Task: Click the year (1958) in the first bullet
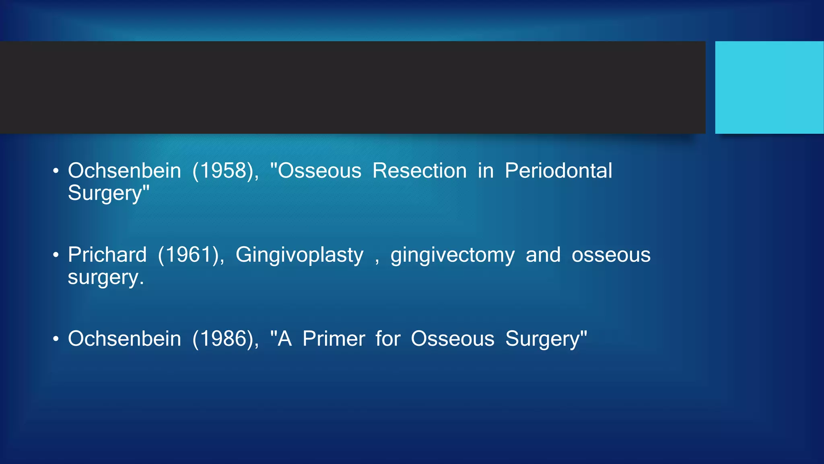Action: (x=225, y=171)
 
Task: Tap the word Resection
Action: (x=419, y=171)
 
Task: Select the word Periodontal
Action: (x=558, y=171)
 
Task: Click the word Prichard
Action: (x=107, y=255)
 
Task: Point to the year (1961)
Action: (x=191, y=255)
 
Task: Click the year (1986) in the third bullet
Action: (x=225, y=339)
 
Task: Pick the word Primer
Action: (x=334, y=339)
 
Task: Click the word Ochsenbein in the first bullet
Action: (x=124, y=171)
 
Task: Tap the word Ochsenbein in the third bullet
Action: (x=124, y=339)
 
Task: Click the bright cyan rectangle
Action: (x=769, y=87)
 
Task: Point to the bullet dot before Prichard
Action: (x=56, y=255)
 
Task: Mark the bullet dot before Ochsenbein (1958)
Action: (x=56, y=171)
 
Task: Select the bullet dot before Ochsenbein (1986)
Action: (x=56, y=339)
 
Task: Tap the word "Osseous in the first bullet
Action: (x=316, y=171)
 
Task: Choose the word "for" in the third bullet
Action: (x=387, y=339)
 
